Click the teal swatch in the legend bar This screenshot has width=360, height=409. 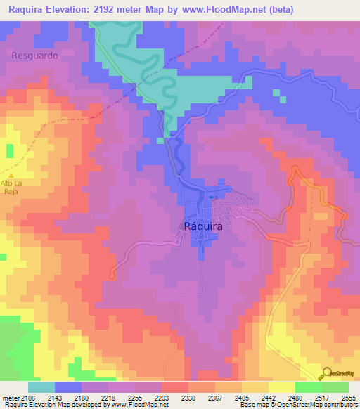click(x=41, y=387)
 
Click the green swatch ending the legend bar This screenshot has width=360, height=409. click(x=335, y=387)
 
